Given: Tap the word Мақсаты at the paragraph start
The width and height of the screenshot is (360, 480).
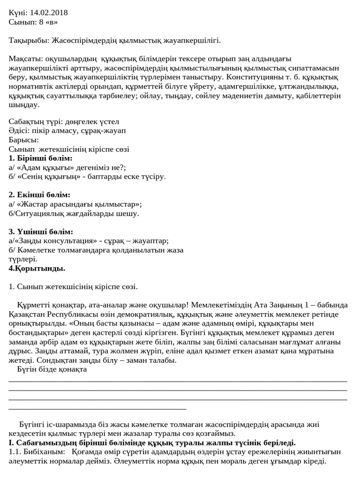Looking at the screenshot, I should coord(25,59).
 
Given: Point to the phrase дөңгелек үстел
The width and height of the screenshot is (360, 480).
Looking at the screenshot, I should coord(91,121).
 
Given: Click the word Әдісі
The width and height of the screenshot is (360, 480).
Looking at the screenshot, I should coord(19,130).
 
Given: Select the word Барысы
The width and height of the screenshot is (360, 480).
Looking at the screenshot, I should coord(23,140).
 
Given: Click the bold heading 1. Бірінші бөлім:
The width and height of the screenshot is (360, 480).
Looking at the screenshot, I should coord(41,158).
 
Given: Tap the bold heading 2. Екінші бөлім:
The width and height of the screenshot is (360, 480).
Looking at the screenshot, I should coord(39,195).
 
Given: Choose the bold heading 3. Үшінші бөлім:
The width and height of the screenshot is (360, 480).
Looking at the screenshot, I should coord(41,232).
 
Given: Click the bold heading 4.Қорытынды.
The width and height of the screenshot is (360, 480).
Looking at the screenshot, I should coord(37,269).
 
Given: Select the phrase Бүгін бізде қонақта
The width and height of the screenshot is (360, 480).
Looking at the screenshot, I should coord(52,369).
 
